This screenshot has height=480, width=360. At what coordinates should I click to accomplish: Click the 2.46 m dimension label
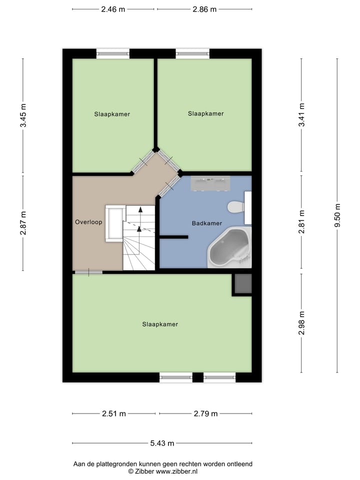click(113, 9)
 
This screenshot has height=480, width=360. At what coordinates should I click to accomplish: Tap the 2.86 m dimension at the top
click(204, 9)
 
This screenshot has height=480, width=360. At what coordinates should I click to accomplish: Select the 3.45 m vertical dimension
click(23, 116)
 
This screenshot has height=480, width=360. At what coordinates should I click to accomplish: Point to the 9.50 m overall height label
click(337, 215)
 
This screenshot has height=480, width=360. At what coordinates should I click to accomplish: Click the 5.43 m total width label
click(162, 443)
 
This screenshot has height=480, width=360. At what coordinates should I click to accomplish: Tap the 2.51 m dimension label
click(114, 413)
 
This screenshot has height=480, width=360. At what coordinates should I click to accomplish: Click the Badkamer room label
click(206, 223)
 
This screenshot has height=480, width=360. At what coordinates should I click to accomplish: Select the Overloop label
click(88, 221)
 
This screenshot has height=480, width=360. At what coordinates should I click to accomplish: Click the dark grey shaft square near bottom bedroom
click(242, 284)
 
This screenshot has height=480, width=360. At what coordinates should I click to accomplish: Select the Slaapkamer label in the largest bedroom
click(160, 324)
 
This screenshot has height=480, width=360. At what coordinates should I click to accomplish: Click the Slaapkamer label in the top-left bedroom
click(112, 114)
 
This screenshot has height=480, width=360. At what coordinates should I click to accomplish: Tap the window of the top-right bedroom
click(192, 53)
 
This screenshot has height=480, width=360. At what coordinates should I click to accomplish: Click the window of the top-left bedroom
click(113, 53)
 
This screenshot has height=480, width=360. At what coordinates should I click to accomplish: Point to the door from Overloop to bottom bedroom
click(88, 272)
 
